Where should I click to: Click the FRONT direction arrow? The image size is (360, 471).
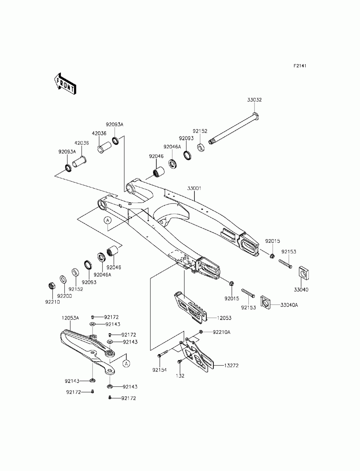pyautogui.click(x=64, y=84)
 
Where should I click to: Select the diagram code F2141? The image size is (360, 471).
pyautogui.click(x=300, y=66)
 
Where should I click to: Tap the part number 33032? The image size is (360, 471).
pyautogui.click(x=255, y=100)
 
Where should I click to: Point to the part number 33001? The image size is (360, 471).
pyautogui.click(x=194, y=188)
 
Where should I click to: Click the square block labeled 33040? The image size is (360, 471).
pyautogui.click(x=304, y=273)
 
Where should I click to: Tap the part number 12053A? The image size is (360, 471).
pyautogui.click(x=70, y=318)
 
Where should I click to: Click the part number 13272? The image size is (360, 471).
pyautogui.click(x=231, y=366)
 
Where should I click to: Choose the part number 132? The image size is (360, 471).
pyautogui.click(x=180, y=376)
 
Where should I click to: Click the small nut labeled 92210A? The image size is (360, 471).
pyautogui.click(x=201, y=332)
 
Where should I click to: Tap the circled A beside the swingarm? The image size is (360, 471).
pyautogui.click(x=108, y=220)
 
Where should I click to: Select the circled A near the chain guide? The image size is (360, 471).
pyautogui.click(x=126, y=363)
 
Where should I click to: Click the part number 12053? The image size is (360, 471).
pyautogui.click(x=224, y=318)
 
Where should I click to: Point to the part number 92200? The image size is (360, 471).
pyautogui.click(x=64, y=296)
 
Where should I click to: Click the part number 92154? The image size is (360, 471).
pyautogui.click(x=159, y=370)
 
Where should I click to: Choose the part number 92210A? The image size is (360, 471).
pyautogui.click(x=221, y=332)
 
